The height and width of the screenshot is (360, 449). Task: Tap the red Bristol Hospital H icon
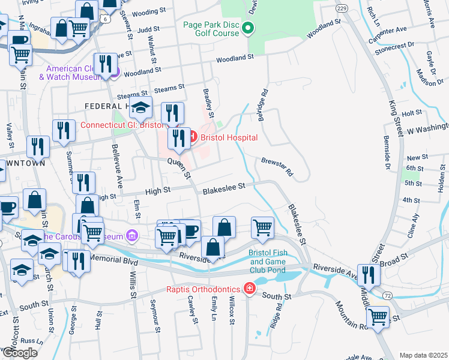coord(192,137)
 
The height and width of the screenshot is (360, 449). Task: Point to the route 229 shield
coord(342,8)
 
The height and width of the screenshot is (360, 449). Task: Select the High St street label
coord(158,190)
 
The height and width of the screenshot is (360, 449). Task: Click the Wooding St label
coord(148,11)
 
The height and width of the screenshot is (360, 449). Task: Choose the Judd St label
coord(148,28)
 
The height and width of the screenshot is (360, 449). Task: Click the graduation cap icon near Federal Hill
coord(140,108)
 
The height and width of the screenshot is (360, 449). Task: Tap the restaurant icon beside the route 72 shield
coord(369,275)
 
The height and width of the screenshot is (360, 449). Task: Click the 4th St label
coord(411,200)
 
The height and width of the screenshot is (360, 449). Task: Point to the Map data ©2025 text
coord(423,355)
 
